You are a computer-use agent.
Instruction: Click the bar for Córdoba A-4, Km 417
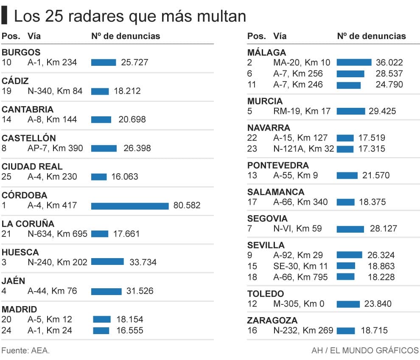click(129, 206)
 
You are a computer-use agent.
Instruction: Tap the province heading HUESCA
click(20, 252)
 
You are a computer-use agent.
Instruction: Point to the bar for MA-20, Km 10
click(354, 62)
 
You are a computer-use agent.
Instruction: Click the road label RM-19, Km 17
click(302, 111)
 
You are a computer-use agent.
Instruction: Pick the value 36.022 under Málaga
click(389, 62)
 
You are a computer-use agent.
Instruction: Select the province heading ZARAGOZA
click(272, 320)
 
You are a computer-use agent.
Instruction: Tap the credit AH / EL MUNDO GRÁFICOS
click(365, 351)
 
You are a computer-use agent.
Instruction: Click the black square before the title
click(5, 16)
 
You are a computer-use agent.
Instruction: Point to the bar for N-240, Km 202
click(107, 262)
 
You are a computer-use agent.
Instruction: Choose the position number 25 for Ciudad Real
click(6, 177)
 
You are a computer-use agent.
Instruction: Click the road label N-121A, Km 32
click(304, 149)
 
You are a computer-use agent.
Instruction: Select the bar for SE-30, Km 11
click(346, 266)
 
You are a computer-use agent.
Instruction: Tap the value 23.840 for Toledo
click(378, 304)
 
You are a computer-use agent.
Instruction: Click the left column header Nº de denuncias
click(126, 36)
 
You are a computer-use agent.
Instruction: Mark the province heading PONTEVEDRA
click(278, 165)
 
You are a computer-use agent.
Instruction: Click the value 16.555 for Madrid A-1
click(129, 330)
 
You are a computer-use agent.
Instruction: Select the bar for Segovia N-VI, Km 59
click(350, 229)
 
